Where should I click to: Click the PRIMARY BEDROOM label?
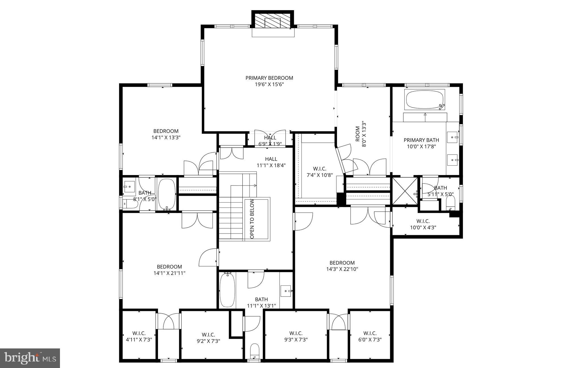[269, 78]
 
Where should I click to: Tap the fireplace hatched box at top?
[273, 20]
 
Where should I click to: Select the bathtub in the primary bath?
[425, 100]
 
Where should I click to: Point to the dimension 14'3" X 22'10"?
[342, 269]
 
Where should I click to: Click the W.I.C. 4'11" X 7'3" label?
[139, 337]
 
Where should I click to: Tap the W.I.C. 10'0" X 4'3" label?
[423, 224]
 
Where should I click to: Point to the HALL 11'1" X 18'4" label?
[271, 162]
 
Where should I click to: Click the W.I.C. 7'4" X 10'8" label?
[319, 172]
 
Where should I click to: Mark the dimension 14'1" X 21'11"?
[169, 273]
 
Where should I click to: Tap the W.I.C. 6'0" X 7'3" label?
[370, 337]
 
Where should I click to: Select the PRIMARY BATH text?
[421, 140]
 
